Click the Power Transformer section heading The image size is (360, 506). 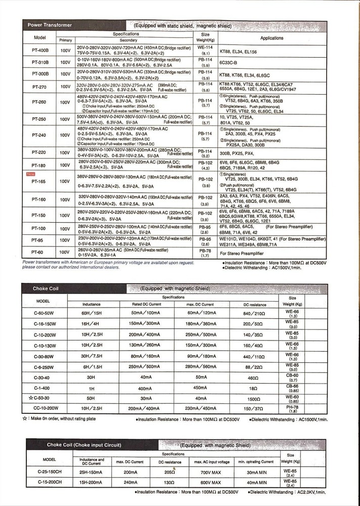50,25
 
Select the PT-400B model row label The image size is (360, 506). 40,51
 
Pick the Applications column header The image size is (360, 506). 272,38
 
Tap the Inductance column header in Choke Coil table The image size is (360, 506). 91,305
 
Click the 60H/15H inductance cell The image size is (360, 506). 91,314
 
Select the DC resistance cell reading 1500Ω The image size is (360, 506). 253,398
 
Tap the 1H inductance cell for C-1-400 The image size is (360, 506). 91,388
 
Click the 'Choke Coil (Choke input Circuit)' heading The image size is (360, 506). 84,445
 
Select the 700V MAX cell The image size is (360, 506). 215,472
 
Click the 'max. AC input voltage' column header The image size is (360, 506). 215,461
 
